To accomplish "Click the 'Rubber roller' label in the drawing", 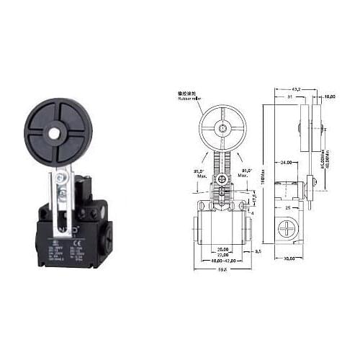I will click(187, 100).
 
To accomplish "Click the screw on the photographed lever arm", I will click(63, 193).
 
